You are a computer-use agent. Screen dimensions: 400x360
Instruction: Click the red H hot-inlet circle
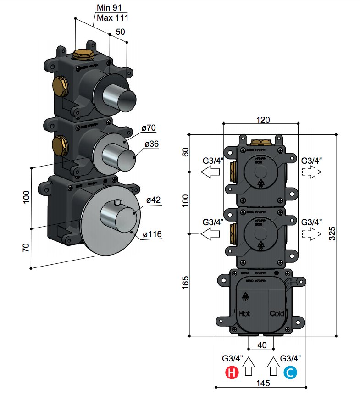click(232, 373)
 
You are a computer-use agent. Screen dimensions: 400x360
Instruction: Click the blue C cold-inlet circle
click(290, 373)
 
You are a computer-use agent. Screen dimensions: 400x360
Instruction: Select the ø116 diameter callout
click(152, 234)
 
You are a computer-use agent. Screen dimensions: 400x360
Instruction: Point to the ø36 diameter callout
click(151, 144)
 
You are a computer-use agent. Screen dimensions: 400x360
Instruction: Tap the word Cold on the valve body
click(277, 314)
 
